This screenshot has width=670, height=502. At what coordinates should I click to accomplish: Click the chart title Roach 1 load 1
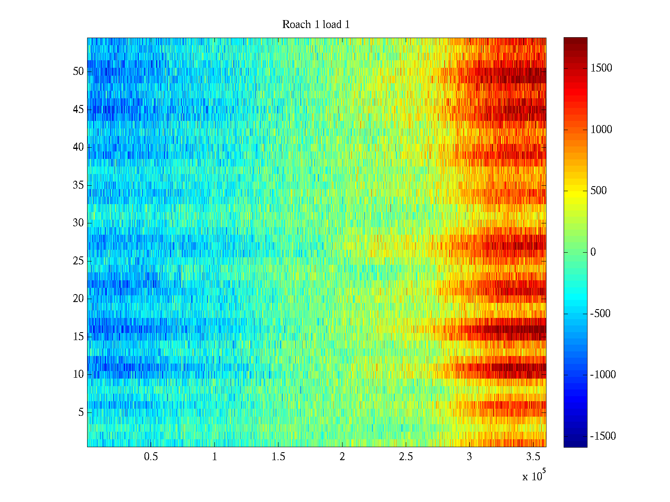point(316,25)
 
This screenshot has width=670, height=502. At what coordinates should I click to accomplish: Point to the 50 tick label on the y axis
point(78,71)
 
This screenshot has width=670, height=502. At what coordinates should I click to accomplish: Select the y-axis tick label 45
point(78,110)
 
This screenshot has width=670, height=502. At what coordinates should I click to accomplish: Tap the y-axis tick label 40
point(78,147)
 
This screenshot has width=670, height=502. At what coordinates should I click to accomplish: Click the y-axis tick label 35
point(78,185)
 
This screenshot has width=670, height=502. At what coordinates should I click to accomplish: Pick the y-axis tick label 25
point(78,261)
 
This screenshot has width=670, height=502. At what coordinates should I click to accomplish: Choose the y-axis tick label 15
point(78,337)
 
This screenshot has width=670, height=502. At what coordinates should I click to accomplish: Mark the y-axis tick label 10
point(78,374)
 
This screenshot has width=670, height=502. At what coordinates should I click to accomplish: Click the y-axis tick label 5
point(81,412)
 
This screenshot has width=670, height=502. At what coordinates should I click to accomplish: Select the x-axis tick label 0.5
point(151,457)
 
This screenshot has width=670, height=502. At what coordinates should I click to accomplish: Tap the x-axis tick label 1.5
point(278,457)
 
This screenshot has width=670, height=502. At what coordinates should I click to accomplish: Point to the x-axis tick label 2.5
point(406,457)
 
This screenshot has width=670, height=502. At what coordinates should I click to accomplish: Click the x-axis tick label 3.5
point(533,457)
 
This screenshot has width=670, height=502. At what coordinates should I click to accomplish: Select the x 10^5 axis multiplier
point(534,476)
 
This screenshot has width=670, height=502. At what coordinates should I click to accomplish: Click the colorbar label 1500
point(601,68)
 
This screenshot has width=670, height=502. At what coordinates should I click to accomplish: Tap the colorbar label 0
point(593,252)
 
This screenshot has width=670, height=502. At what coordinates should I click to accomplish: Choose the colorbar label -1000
point(603,375)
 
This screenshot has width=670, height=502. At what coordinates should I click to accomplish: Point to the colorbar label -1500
point(603,436)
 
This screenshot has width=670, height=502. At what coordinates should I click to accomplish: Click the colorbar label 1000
point(601,130)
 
